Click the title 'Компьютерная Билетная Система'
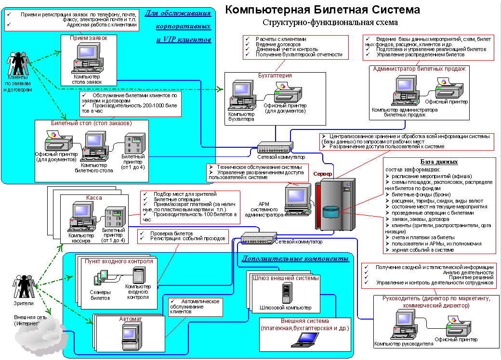(x=323, y=10)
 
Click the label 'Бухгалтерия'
(x=275, y=76)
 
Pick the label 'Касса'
(x=94, y=198)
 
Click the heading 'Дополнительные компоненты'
(x=295, y=259)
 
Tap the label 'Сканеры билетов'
(x=100, y=295)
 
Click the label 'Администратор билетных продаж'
(x=419, y=69)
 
